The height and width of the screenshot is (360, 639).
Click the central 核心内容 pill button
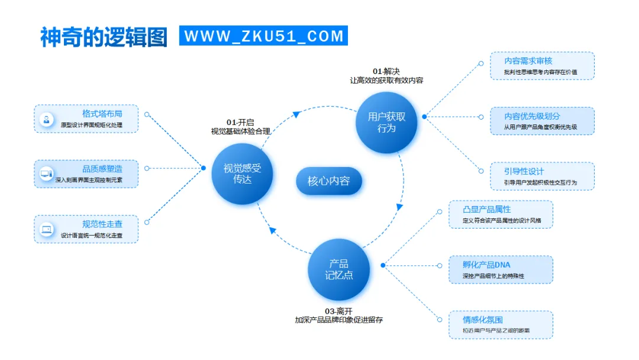tap(328, 181)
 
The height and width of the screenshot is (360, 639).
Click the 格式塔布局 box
tap(86, 119)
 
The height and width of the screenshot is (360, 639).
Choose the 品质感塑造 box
tap(86, 174)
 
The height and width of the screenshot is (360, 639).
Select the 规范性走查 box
tap(86, 229)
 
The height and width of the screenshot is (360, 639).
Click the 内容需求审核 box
tap(542, 66)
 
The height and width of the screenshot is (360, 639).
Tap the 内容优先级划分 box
tap(542, 121)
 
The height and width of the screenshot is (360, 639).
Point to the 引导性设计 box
tap(542, 176)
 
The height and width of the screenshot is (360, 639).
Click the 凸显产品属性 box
tap(501, 214)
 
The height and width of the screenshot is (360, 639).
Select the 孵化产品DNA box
tap(501, 270)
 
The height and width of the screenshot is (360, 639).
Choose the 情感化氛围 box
tap(501, 324)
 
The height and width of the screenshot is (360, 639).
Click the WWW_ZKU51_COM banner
tap(263, 36)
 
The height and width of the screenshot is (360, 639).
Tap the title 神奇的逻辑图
tap(104, 36)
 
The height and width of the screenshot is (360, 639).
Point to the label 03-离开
tap(339, 311)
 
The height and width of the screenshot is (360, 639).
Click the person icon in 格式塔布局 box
tap(46, 119)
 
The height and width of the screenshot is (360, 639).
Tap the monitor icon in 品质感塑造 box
tap(46, 174)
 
